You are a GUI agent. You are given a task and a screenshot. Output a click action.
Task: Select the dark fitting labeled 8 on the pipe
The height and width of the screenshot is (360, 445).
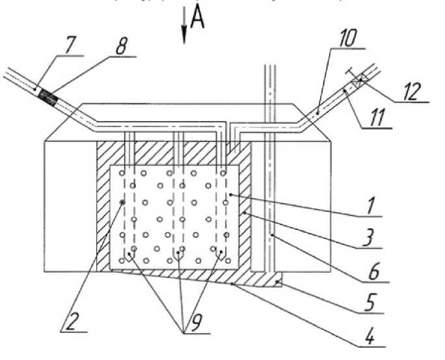pos(47,96)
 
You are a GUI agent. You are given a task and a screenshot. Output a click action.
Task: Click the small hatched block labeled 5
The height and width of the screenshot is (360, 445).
pos(278,282)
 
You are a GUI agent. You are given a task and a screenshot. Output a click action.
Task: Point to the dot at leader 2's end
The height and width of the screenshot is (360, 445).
pos(123,202)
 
